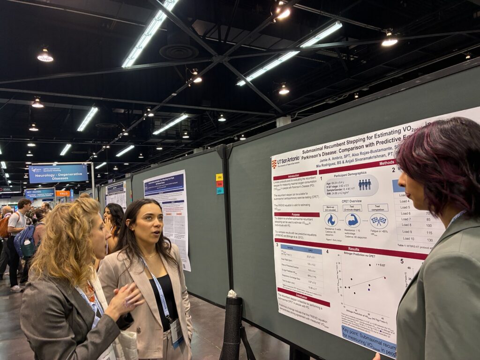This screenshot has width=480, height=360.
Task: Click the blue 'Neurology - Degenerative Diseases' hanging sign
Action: [58, 173]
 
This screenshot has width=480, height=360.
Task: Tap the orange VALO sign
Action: [62, 193]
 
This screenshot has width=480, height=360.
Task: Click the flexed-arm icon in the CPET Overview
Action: [352, 220]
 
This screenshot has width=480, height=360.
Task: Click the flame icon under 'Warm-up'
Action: [331, 219]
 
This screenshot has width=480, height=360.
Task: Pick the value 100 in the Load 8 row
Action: [427, 225]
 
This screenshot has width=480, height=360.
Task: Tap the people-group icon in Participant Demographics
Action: [364, 185]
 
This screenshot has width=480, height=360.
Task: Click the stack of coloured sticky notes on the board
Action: [219, 184]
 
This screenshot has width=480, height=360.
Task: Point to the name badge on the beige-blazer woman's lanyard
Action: [176, 332]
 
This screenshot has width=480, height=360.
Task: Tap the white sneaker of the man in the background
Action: [16, 288]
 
